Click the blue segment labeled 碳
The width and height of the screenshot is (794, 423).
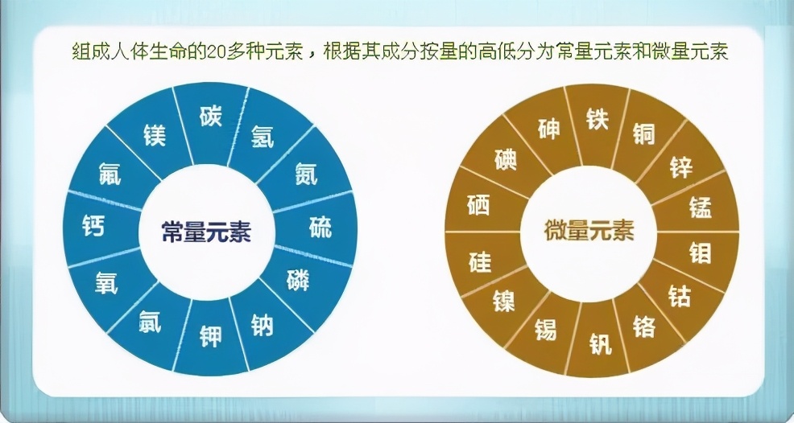(x=210, y=117)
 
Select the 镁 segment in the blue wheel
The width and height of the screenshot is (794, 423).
(x=155, y=134)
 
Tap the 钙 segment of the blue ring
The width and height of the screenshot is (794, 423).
(x=93, y=226)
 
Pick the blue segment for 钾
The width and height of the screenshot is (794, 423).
(x=211, y=335)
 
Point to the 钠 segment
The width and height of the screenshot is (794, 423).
(x=263, y=322)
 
